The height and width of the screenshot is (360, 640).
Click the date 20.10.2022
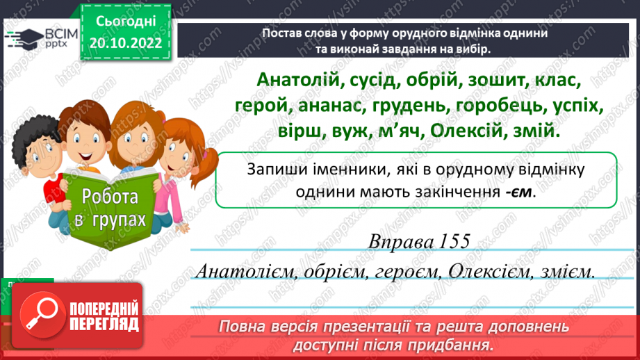126,43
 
